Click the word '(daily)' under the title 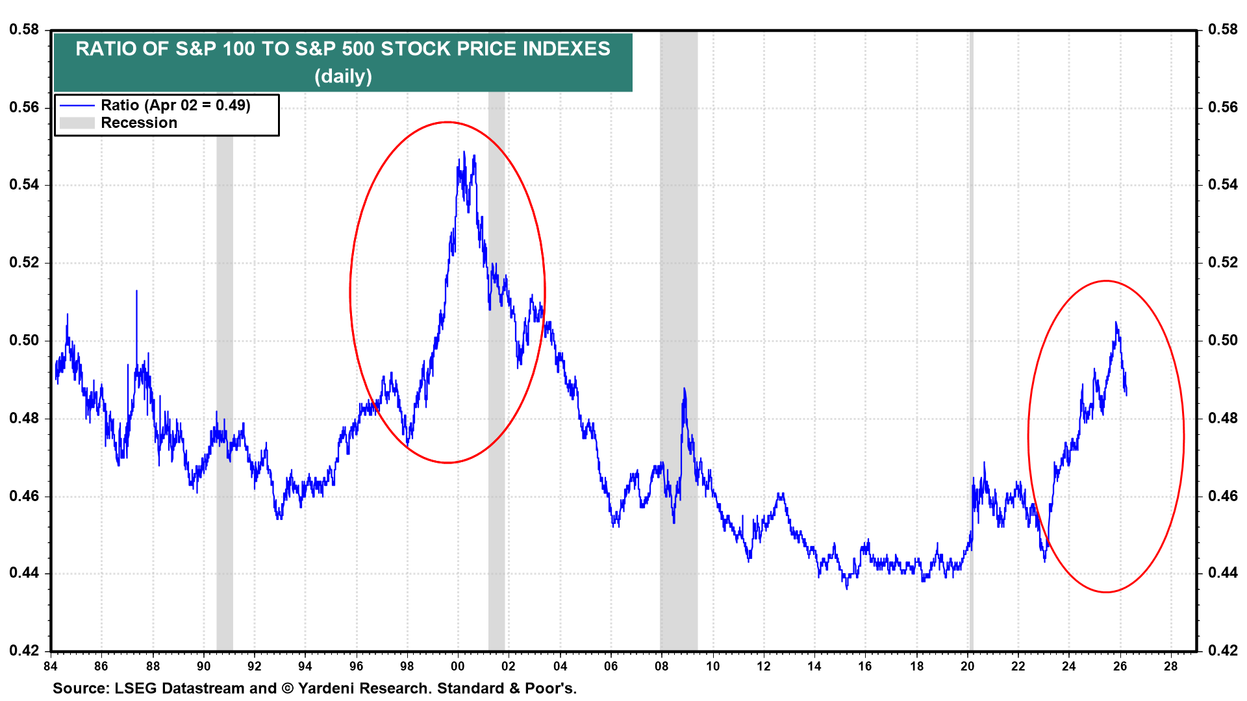[343, 77]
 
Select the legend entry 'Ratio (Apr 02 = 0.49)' [175, 105]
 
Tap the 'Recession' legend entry [138, 123]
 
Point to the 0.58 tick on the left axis [23, 30]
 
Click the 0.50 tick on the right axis [1222, 340]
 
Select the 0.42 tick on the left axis [23, 650]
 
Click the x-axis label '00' [457, 666]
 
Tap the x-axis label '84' [51, 666]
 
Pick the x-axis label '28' [1170, 666]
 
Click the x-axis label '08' [661, 666]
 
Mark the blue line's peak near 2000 [464, 153]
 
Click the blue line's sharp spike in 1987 [136, 291]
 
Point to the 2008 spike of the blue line [684, 389]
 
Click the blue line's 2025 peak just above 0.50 [1116, 323]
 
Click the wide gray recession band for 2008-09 [679, 260]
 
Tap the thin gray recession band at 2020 [971, 260]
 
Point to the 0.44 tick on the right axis [1222, 572]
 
